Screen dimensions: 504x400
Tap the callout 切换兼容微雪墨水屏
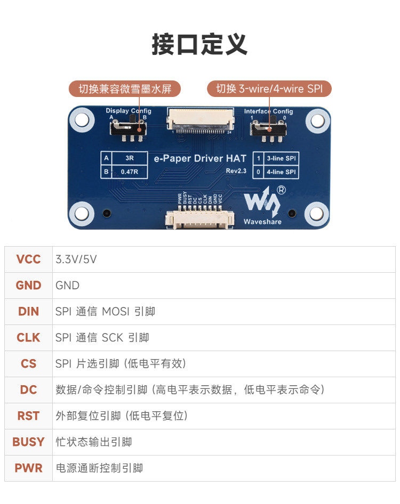125,89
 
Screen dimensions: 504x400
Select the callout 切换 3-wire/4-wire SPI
269,89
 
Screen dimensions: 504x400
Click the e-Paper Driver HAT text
200,158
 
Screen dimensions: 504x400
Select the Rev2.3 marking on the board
236,170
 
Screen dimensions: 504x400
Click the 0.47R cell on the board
129,172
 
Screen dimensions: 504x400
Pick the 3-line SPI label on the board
281,158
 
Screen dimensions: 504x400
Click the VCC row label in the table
28,259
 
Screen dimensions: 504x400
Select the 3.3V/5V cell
76,259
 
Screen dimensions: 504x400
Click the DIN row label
28,312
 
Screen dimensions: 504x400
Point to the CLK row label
28,338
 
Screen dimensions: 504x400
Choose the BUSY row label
28,442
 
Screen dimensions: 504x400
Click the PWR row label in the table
28,468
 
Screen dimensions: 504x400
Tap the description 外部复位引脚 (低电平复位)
122,416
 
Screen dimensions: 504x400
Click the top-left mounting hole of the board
81,119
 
